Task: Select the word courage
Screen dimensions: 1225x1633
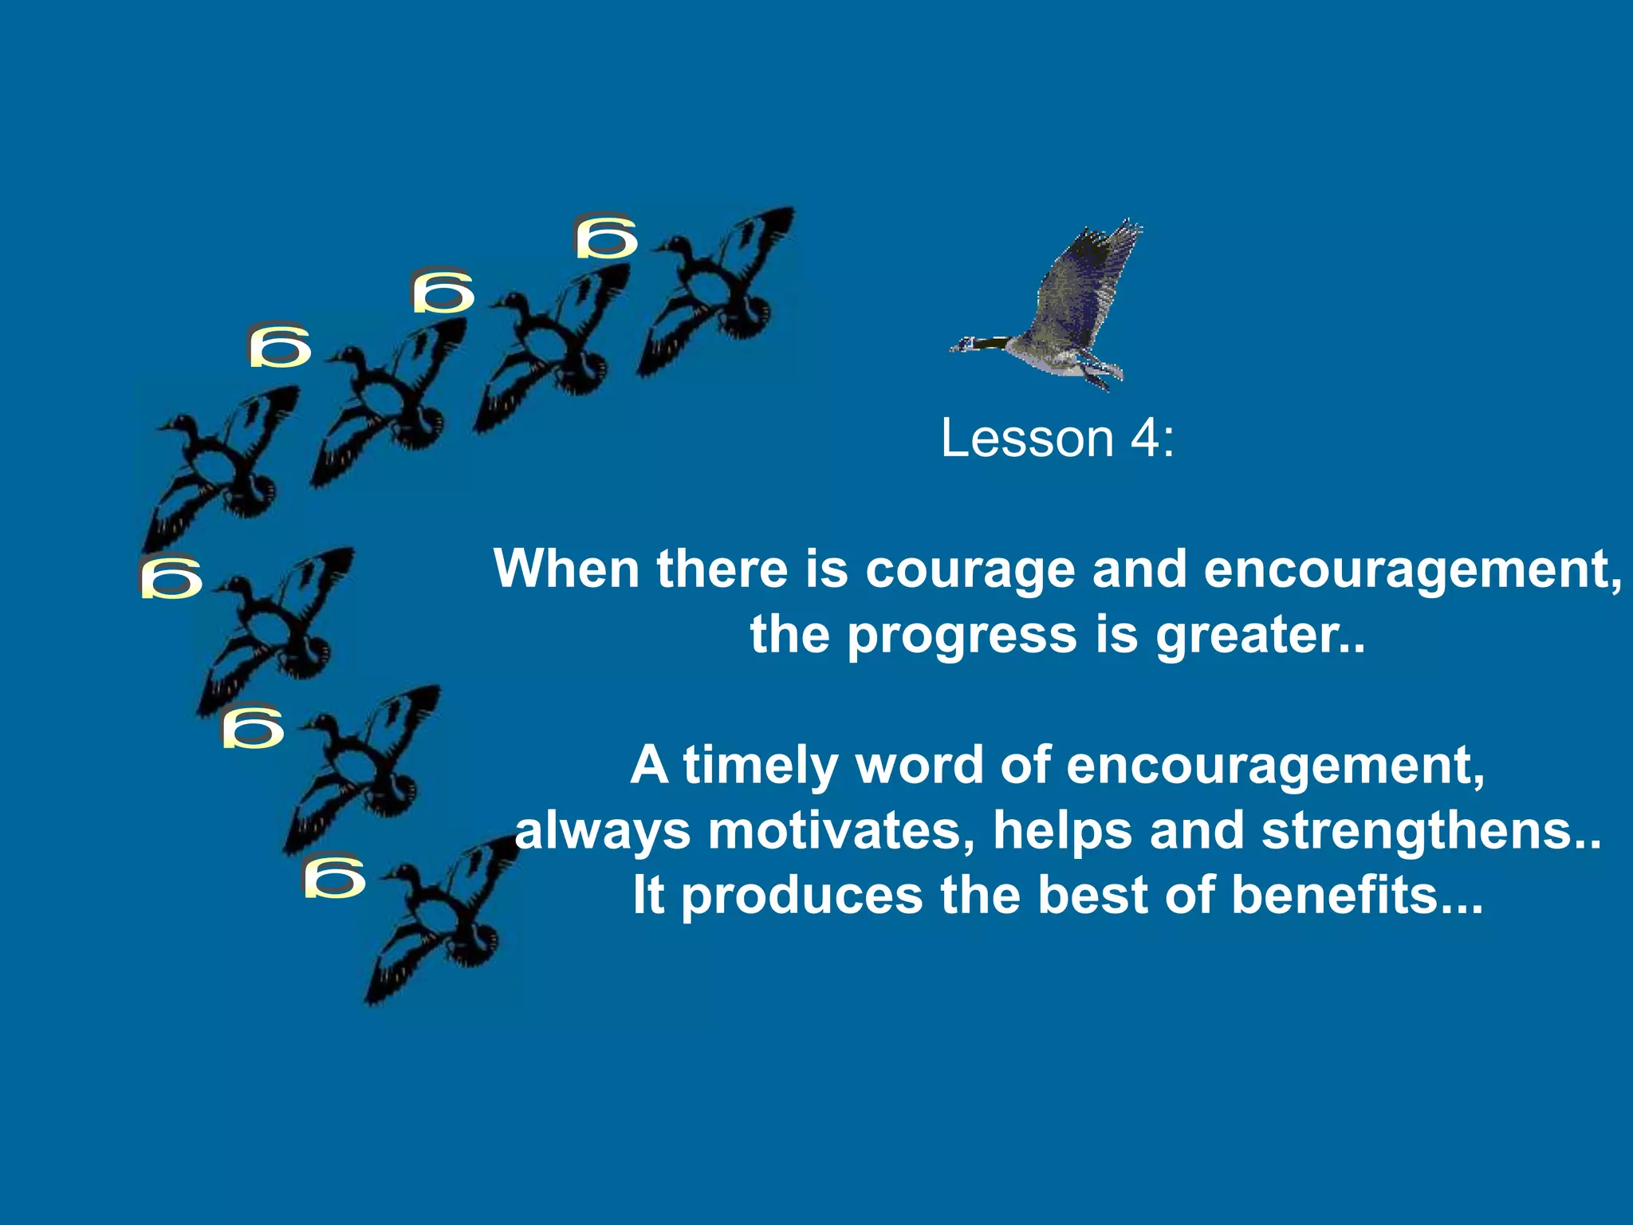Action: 970,570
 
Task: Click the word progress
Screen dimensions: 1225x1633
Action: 962,636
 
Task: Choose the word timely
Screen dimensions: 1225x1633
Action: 760,766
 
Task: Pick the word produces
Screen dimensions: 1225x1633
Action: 802,896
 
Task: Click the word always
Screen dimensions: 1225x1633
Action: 603,831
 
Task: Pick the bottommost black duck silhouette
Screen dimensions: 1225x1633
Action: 443,917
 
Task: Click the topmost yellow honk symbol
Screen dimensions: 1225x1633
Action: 606,236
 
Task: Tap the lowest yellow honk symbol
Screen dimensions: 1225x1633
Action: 334,876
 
